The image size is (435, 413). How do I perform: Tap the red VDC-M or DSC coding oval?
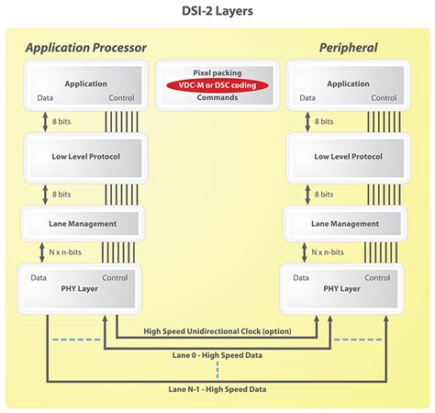(217, 85)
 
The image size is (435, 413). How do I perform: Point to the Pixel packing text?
(217, 72)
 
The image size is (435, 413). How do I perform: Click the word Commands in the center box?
(217, 97)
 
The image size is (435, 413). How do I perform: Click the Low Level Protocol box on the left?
(84, 156)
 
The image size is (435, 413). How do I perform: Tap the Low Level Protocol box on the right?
(348, 156)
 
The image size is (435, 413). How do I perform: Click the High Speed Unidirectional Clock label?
(217, 331)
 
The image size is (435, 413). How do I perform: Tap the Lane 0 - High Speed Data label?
(217, 353)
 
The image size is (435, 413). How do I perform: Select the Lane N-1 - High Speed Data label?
(217, 388)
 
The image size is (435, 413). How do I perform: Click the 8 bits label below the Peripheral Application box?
(325, 121)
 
